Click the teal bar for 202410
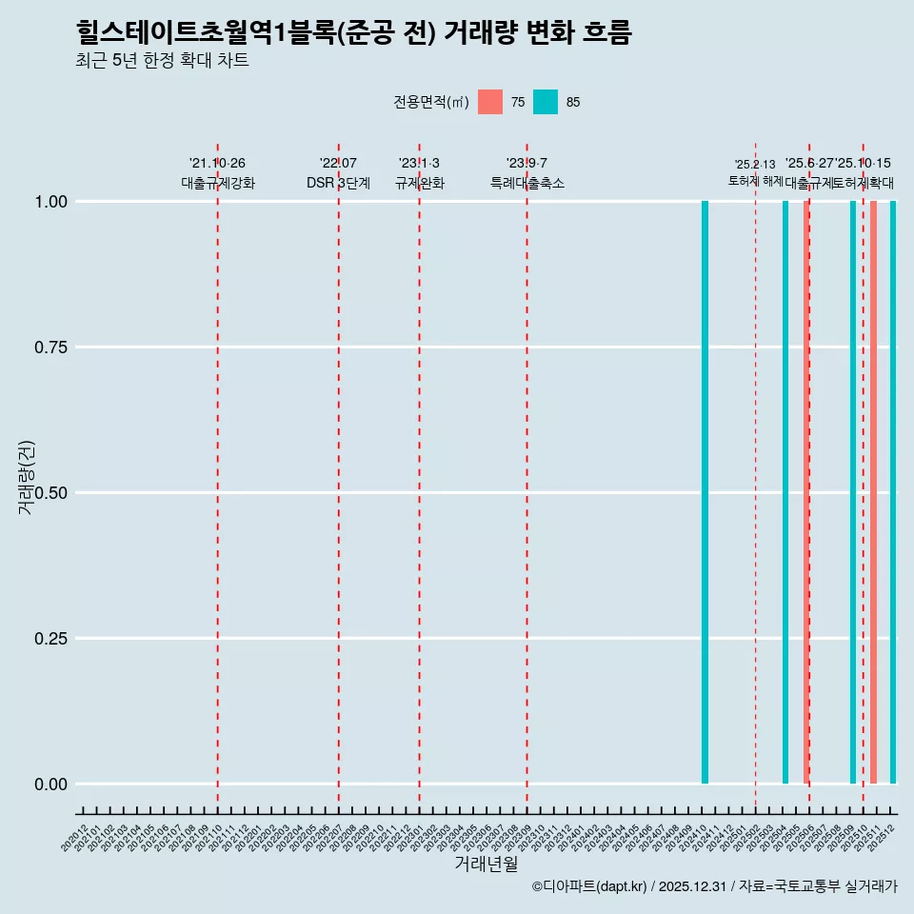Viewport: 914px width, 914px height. tap(705, 492)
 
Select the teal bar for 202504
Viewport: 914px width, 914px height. tap(785, 492)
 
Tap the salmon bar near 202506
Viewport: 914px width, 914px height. tap(805, 492)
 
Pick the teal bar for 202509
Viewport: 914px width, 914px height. tap(853, 492)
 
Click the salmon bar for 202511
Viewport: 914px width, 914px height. tap(873, 492)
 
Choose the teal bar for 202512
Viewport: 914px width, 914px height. tap(893, 492)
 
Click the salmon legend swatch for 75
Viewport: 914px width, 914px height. tap(490, 102)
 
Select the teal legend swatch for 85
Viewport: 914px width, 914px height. tap(546, 102)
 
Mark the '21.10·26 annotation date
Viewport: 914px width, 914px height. tap(217, 163)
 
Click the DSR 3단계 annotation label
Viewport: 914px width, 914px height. tap(338, 183)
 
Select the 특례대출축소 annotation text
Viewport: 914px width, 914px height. tap(527, 183)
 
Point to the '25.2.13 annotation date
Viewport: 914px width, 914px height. tap(755, 164)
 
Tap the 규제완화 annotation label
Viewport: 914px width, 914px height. tap(419, 183)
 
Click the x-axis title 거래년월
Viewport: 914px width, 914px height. tap(486, 864)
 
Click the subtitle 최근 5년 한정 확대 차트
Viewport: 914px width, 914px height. tap(162, 61)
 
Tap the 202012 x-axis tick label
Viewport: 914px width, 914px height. tap(76, 837)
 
